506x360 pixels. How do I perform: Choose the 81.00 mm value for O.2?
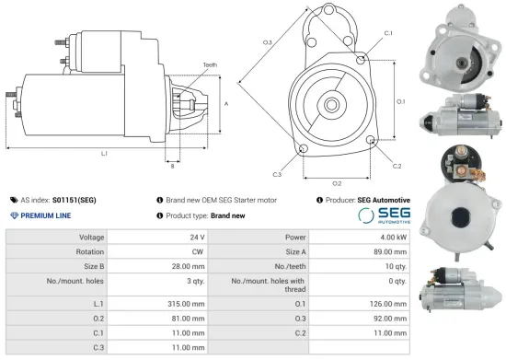pyautogui.click(x=184, y=319)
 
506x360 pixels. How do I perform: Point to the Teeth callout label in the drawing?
pyautogui.click(x=211, y=64)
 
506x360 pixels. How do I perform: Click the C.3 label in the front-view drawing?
pyautogui.click(x=277, y=174)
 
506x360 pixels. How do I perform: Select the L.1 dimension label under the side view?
pyautogui.click(x=104, y=153)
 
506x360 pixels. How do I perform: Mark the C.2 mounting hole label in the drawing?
pyautogui.click(x=397, y=166)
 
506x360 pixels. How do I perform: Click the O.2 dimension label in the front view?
pyautogui.click(x=337, y=182)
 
